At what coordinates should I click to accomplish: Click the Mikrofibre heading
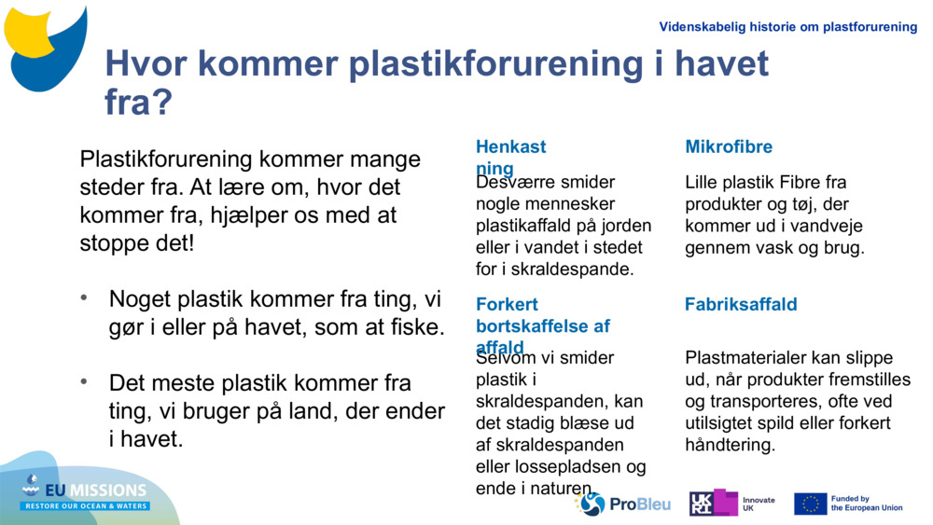pos(729,147)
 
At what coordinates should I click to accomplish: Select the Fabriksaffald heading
pos(741,305)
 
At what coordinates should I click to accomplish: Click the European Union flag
pos(810,504)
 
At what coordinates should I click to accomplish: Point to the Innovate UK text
pos(759,504)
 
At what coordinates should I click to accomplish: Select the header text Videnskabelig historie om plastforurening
pos(787,27)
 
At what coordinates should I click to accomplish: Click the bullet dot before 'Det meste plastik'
pos(85,381)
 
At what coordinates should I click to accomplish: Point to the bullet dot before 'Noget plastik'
pos(85,297)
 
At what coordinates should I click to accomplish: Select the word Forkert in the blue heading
pos(507,305)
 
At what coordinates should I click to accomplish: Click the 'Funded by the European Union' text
pos(867,504)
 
